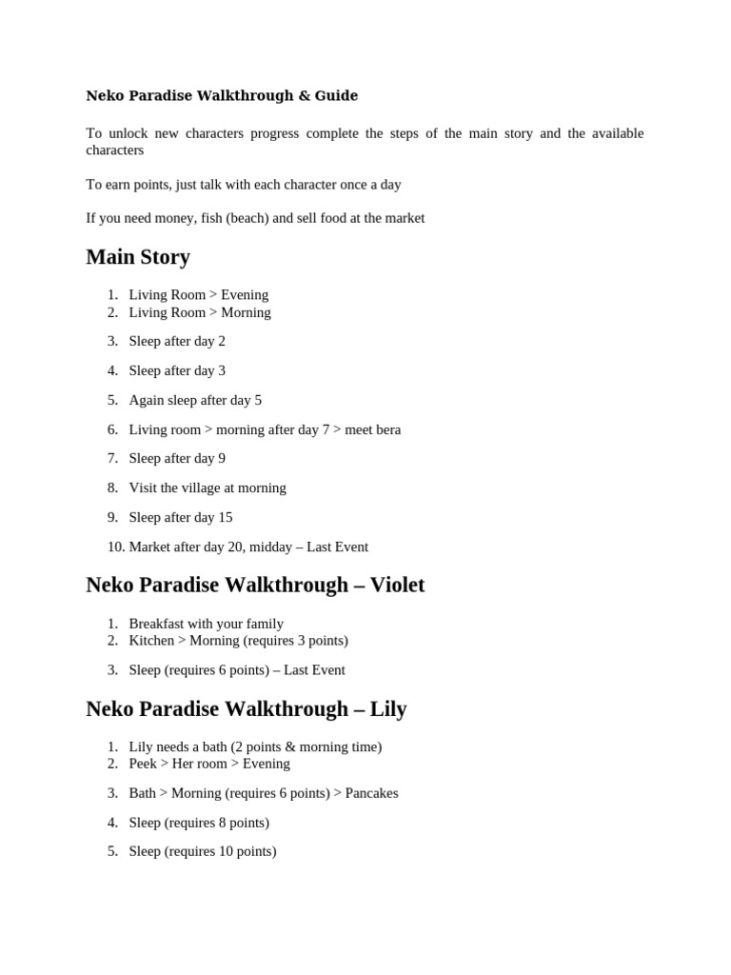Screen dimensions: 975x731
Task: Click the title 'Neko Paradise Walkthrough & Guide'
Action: tap(222, 95)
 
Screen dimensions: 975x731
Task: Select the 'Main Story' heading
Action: tap(138, 257)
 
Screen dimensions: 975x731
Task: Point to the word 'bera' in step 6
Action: tap(385, 429)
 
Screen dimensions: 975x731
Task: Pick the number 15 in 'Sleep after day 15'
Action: tap(225, 518)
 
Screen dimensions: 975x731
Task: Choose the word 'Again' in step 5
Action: tap(147, 401)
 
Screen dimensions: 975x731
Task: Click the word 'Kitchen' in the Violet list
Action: tap(151, 641)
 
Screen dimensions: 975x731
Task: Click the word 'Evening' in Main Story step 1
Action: tap(245, 295)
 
